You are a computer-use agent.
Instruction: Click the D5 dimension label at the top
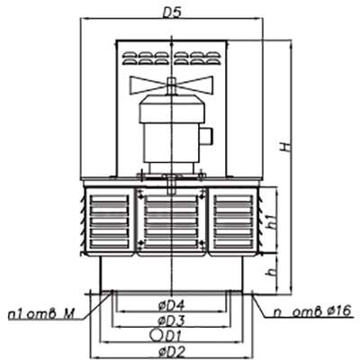pyautogui.click(x=172, y=13)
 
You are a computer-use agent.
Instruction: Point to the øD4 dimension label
pyautogui.click(x=171, y=306)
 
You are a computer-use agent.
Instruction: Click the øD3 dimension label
pyautogui.click(x=171, y=321)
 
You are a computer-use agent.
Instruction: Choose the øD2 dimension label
pyautogui.click(x=171, y=351)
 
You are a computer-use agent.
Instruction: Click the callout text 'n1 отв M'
pyautogui.click(x=41, y=314)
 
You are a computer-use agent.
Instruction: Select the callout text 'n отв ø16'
pyautogui.click(x=312, y=312)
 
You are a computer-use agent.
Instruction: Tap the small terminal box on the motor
pyautogui.click(x=208, y=136)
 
